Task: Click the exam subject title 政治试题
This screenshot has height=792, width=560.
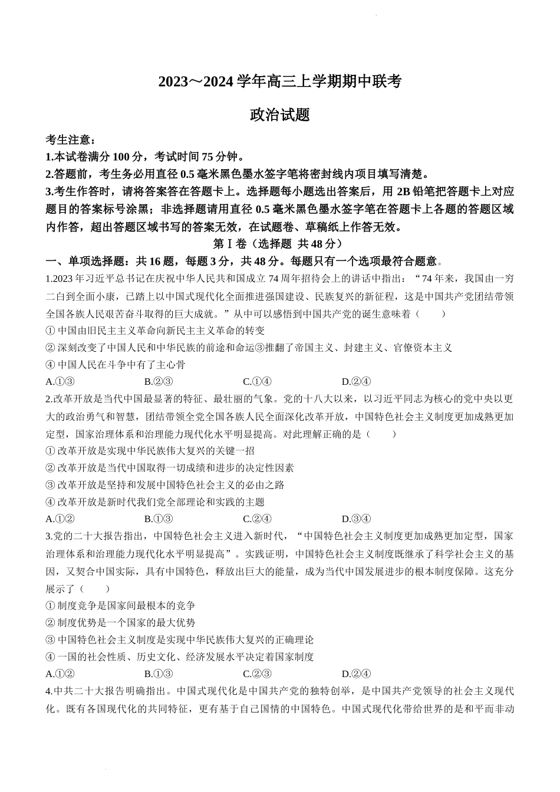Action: click(280, 115)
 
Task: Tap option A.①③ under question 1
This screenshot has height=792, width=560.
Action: click(60, 381)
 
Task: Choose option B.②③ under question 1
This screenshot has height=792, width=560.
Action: click(159, 381)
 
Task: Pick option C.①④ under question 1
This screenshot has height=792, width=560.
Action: click(257, 381)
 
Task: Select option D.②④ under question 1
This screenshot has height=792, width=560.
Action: click(356, 381)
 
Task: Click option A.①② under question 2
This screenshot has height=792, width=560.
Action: click(60, 519)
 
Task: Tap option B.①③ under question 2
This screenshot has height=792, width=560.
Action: click(159, 519)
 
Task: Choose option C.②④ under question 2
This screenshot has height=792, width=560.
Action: click(257, 519)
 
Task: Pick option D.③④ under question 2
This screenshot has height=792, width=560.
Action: click(356, 519)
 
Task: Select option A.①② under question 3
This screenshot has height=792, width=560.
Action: click(60, 674)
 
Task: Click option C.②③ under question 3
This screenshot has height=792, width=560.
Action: click(257, 674)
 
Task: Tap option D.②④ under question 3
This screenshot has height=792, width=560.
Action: click(356, 674)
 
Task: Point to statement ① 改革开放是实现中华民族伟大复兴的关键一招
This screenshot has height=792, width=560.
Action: click(150, 451)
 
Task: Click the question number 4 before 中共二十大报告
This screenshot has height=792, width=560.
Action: click(48, 691)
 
